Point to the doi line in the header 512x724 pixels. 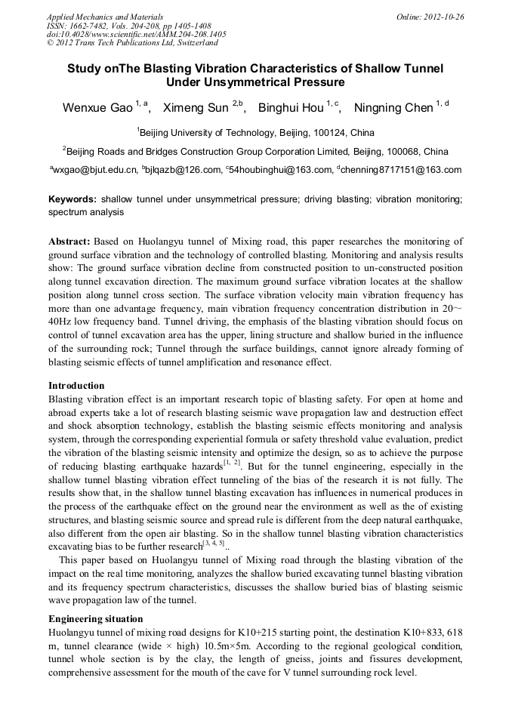pos(136,34)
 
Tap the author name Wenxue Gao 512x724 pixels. pos(97,108)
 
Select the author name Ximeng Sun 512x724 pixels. pos(196,108)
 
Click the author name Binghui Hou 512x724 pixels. pos(291,108)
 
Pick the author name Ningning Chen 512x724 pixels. pos(393,108)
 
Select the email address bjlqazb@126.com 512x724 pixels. pos(184,170)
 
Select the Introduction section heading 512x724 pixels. pos(76,386)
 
